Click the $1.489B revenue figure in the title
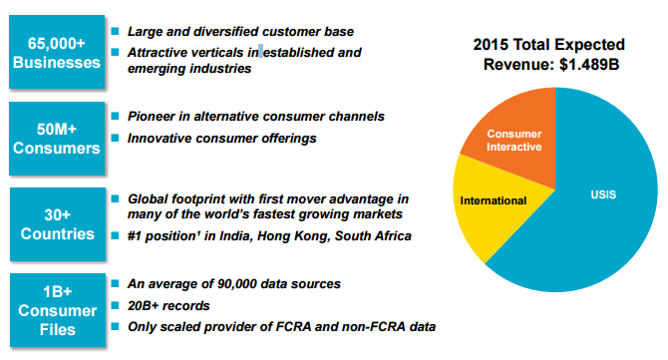click(589, 65)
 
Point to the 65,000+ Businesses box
click(57, 52)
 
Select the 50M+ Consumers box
click(57, 139)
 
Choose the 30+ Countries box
click(58, 224)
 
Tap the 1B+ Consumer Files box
click(58, 310)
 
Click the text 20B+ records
click(168, 306)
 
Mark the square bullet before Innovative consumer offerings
click(115, 138)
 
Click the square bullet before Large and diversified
click(115, 31)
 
